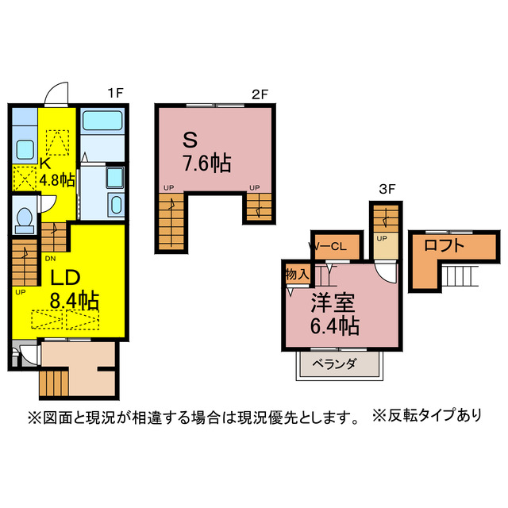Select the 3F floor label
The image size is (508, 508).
click(x=387, y=188)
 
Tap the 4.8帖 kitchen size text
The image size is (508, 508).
click(x=57, y=179)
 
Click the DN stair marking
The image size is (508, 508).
click(x=50, y=258)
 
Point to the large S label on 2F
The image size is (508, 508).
click(x=190, y=140)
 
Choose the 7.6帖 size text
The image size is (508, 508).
click(x=206, y=164)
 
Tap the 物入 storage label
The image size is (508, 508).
click(x=296, y=274)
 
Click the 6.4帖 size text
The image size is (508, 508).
click(x=334, y=325)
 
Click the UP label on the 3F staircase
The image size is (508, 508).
click(x=382, y=238)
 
